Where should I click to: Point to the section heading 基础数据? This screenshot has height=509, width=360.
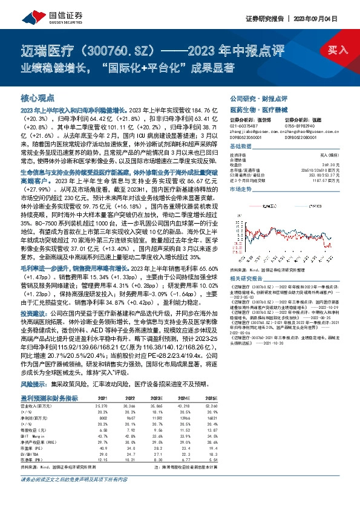(242, 147)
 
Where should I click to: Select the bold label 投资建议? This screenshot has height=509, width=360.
(33, 348)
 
